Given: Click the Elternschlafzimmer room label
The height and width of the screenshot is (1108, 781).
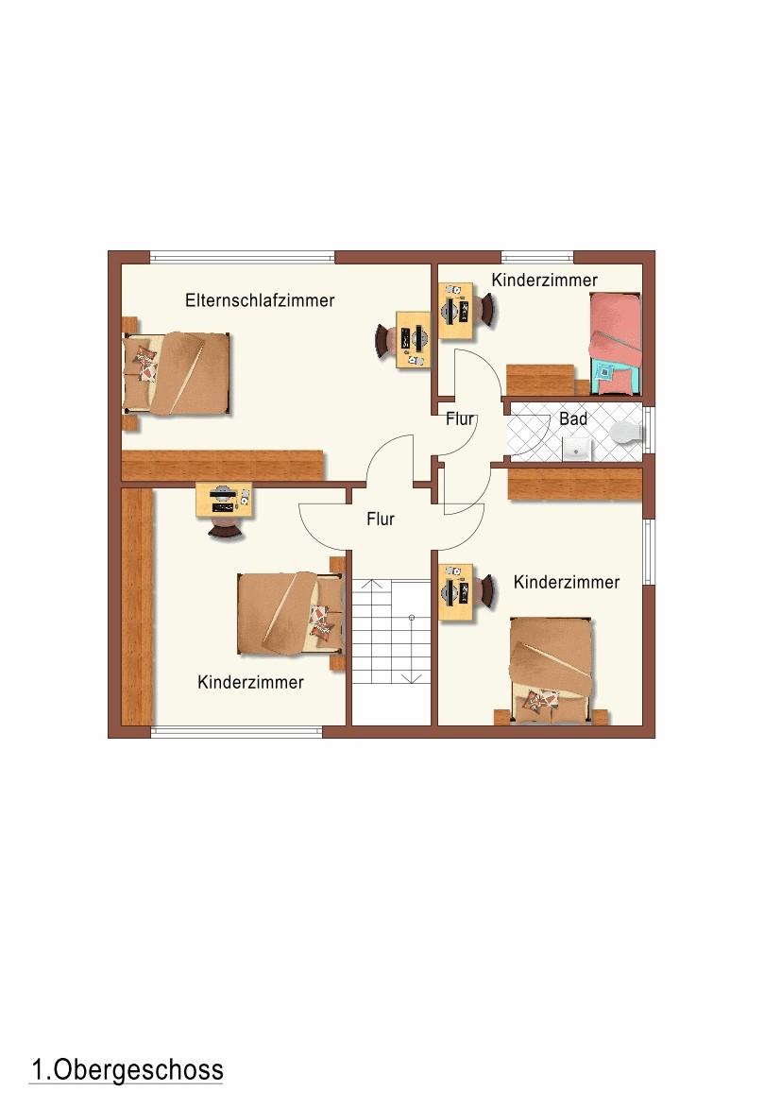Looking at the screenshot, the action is click(x=260, y=300).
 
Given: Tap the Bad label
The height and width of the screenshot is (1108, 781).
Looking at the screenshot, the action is click(x=573, y=419).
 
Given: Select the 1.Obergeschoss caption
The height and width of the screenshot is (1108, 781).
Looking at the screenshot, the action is click(x=127, y=1070).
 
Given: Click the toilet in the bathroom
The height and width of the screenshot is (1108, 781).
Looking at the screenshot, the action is click(x=626, y=432).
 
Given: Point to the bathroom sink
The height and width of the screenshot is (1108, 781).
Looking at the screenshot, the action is click(x=577, y=449).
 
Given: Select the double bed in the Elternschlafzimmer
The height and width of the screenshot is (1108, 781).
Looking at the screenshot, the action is click(x=176, y=373).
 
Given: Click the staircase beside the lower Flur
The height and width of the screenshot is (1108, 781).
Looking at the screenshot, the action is click(x=392, y=632).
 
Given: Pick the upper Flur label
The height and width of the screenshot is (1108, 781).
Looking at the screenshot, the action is click(x=459, y=419).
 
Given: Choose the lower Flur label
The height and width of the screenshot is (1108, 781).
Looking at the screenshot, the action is click(x=381, y=520).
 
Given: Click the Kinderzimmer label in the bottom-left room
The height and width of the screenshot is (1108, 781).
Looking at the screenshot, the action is click(x=250, y=683).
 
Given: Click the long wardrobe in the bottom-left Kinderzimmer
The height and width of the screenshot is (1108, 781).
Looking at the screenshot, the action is click(x=137, y=606).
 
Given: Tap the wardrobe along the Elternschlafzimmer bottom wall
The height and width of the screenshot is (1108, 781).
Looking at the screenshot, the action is click(x=223, y=467).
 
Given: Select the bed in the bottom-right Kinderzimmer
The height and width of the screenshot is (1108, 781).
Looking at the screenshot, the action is click(x=551, y=671).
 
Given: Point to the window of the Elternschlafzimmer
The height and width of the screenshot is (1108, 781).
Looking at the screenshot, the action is click(x=243, y=257).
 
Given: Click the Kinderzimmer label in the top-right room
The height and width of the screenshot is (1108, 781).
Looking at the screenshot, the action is click(x=544, y=280).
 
